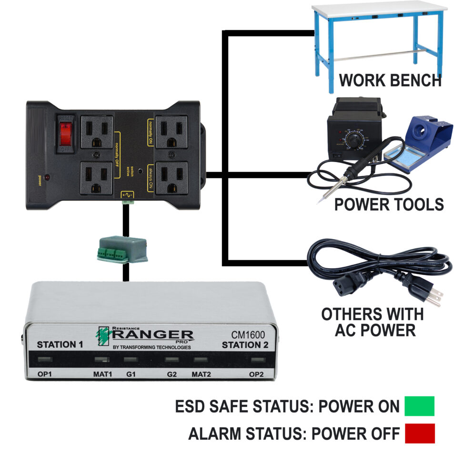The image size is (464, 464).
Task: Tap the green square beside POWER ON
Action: point(419,406)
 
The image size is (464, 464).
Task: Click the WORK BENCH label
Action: point(390,81)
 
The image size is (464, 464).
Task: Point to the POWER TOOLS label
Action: point(389,204)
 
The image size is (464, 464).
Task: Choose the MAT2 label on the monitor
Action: point(201,374)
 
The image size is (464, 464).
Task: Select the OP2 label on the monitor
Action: point(256,374)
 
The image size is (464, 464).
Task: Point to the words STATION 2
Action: point(243,345)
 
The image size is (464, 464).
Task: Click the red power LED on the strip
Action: point(48,178)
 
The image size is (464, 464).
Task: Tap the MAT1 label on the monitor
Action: point(102,374)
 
